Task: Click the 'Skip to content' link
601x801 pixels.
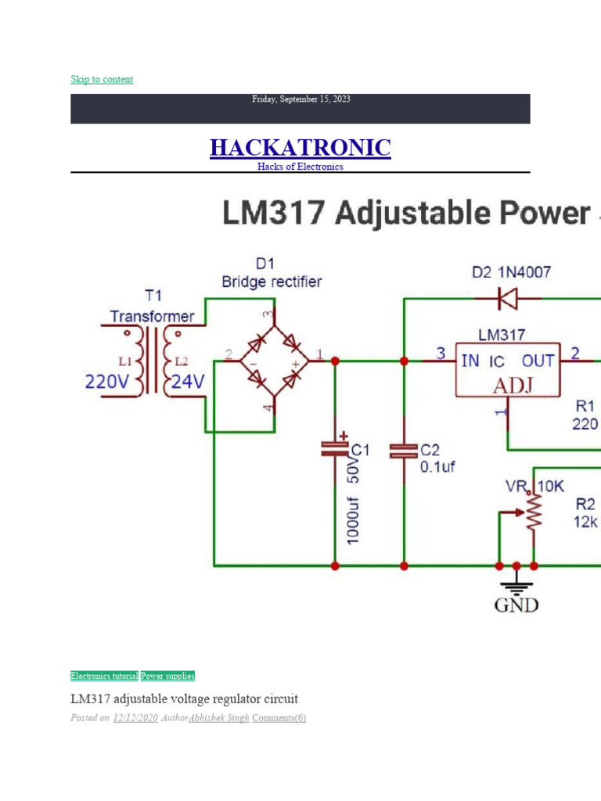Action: pos(102,79)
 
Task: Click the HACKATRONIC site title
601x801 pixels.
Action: pos(300,147)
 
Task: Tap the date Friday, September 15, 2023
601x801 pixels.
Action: pos(300,99)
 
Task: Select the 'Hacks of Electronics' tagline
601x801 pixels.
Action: pos(300,167)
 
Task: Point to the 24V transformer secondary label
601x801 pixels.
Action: pos(188,383)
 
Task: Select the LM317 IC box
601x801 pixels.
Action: pos(508,369)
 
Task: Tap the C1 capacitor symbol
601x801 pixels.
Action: pos(335,448)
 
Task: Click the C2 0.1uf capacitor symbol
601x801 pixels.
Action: pos(404,450)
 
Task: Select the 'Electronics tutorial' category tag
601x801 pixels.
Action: pos(104,676)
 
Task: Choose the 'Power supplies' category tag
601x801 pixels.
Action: pos(167,676)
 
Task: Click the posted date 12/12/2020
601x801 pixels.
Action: pos(135,718)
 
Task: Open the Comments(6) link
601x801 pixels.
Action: pos(279,718)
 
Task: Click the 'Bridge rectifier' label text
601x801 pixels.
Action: pos(271,282)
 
